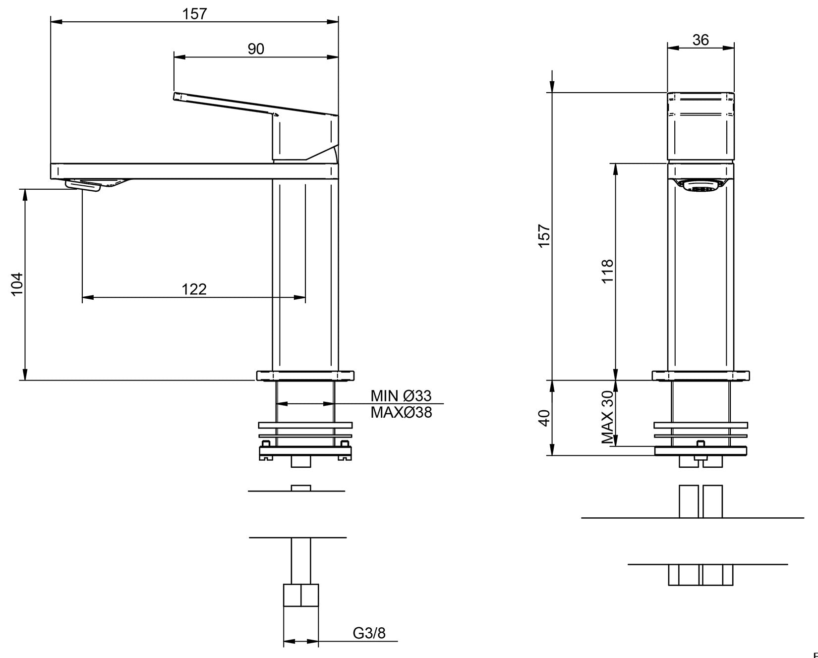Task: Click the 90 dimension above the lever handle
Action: (x=256, y=49)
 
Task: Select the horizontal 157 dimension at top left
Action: (x=194, y=14)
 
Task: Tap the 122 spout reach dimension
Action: (x=194, y=289)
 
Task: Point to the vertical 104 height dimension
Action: (x=17, y=283)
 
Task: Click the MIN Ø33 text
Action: (x=401, y=395)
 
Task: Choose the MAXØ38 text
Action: (x=401, y=412)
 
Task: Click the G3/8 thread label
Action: (x=369, y=633)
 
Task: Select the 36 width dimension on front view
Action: (x=701, y=40)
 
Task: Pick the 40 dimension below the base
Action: (x=544, y=418)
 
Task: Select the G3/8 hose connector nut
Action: (x=300, y=595)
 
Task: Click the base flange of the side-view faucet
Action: (x=305, y=376)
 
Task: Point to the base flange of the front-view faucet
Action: (x=701, y=376)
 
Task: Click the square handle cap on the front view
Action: (x=701, y=126)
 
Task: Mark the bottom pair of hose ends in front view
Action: (x=701, y=574)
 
